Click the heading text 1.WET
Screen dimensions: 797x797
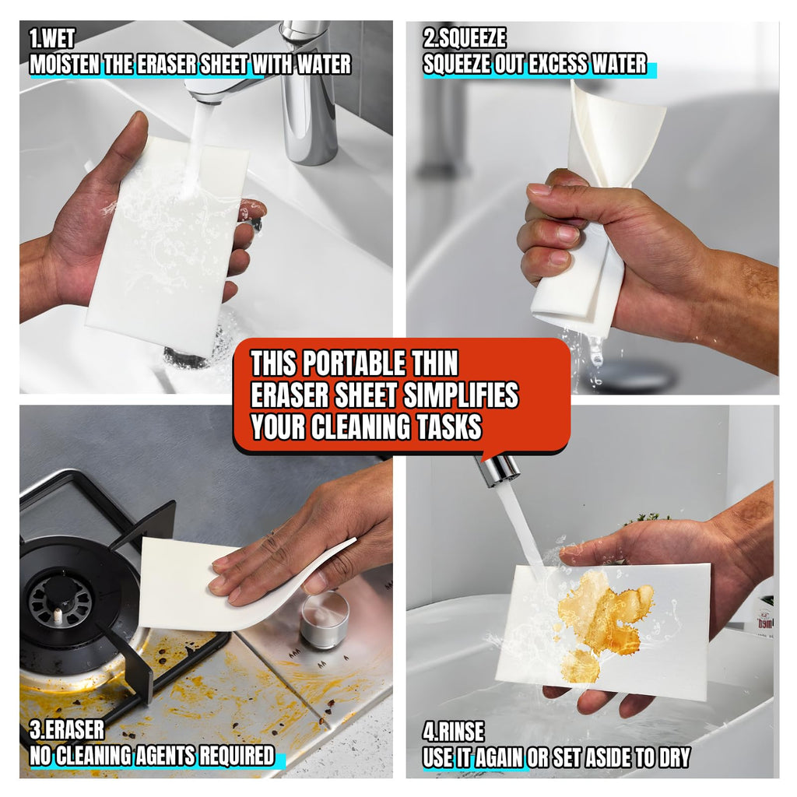point(52,39)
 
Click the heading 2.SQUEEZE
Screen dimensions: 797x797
point(465,38)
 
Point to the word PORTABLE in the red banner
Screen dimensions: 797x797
point(354,363)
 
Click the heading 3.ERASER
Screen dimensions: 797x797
point(67,729)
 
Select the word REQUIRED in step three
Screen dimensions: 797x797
point(237,755)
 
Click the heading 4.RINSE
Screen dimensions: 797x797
point(454,731)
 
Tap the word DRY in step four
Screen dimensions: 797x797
point(675,757)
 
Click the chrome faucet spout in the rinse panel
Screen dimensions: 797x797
point(499,467)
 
